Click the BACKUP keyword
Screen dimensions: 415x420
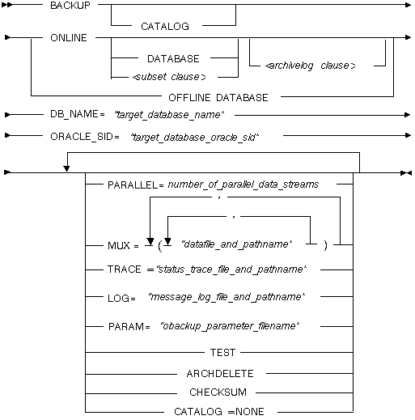point(70,6)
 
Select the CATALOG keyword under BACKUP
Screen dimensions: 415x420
point(165,27)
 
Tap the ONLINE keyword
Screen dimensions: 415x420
point(69,38)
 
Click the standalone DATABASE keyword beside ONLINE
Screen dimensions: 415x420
point(173,58)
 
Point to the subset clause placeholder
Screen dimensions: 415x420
point(169,77)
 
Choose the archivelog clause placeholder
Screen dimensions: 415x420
point(310,66)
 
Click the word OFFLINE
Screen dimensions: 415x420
point(189,97)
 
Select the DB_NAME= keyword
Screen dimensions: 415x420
point(78,114)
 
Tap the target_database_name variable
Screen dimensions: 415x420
point(169,115)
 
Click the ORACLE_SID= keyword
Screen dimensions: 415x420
point(85,137)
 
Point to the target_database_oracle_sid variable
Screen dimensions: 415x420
point(194,138)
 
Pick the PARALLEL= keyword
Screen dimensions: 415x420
point(136,185)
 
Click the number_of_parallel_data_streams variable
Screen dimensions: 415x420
point(243,185)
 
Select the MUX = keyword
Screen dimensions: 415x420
point(123,246)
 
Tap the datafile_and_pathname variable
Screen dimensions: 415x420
point(237,244)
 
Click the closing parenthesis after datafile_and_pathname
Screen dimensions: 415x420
point(326,245)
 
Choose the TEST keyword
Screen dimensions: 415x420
point(222,353)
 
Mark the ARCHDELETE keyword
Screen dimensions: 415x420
point(220,374)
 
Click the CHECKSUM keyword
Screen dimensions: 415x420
point(218,392)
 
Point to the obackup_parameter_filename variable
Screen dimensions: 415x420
point(230,326)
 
